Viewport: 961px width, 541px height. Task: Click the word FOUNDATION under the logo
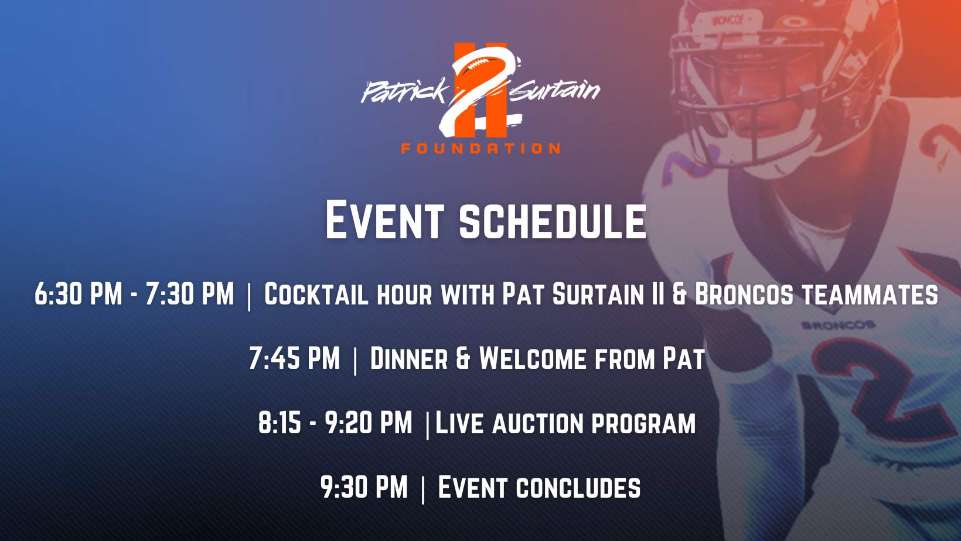(x=480, y=148)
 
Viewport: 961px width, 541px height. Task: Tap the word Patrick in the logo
(x=404, y=91)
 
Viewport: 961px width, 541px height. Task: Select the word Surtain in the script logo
(x=554, y=90)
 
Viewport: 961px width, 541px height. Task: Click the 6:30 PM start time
(x=79, y=294)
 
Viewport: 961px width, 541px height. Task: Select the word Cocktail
(x=316, y=294)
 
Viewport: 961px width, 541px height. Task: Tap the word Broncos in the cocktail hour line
(x=744, y=294)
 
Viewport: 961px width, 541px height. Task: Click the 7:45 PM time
(x=294, y=358)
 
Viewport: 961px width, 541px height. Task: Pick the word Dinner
(x=409, y=358)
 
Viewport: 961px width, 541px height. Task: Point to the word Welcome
(x=533, y=358)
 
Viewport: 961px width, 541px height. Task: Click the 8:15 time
(x=280, y=423)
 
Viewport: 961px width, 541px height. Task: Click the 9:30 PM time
(x=364, y=487)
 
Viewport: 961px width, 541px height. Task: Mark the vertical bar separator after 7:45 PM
(x=355, y=361)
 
